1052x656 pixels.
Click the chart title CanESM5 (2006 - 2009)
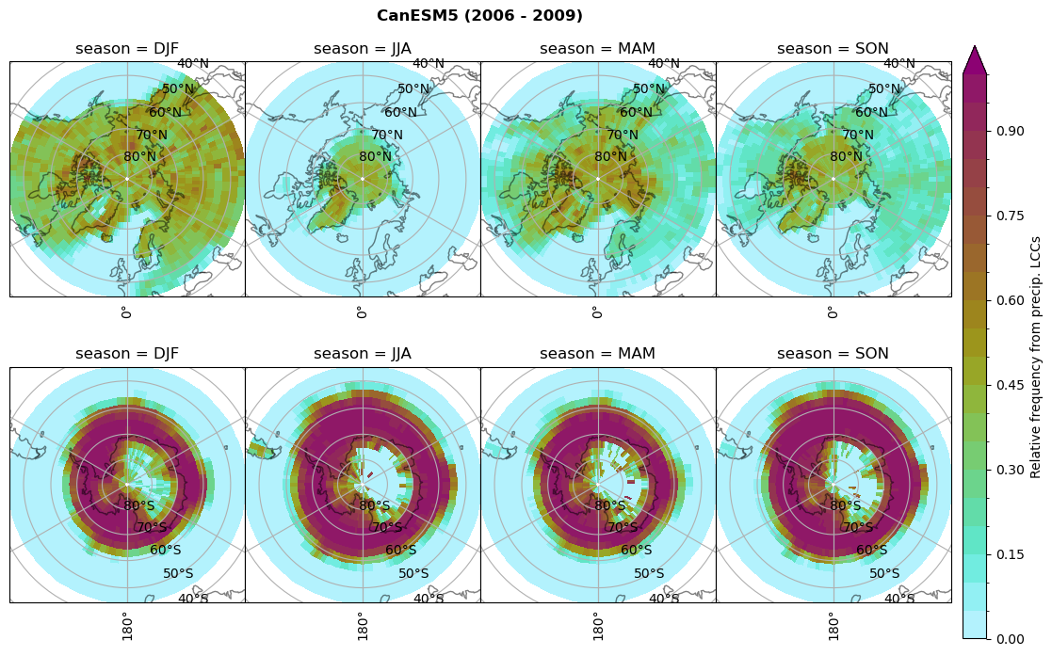(479, 16)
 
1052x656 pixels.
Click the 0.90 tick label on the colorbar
(1011, 131)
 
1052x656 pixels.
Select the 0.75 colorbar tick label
(1011, 216)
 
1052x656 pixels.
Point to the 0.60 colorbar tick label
(1011, 300)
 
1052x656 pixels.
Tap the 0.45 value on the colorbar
(1011, 385)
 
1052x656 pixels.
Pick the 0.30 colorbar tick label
(1011, 470)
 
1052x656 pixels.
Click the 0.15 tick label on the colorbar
(1011, 554)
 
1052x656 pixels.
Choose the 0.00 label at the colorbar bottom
(1011, 639)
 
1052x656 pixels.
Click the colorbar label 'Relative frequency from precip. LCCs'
(1036, 344)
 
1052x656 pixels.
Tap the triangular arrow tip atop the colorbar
(975, 58)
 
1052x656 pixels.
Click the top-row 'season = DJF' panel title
(127, 49)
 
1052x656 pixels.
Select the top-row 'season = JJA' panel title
(363, 49)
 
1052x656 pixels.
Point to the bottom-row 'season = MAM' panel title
(597, 354)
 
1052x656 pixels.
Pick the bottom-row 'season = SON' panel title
(833, 354)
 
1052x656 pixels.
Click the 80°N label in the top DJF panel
(139, 157)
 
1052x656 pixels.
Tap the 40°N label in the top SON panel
(899, 64)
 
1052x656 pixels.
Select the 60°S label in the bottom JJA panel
(400, 551)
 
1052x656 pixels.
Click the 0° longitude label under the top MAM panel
(596, 312)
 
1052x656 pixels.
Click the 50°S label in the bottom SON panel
(884, 573)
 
